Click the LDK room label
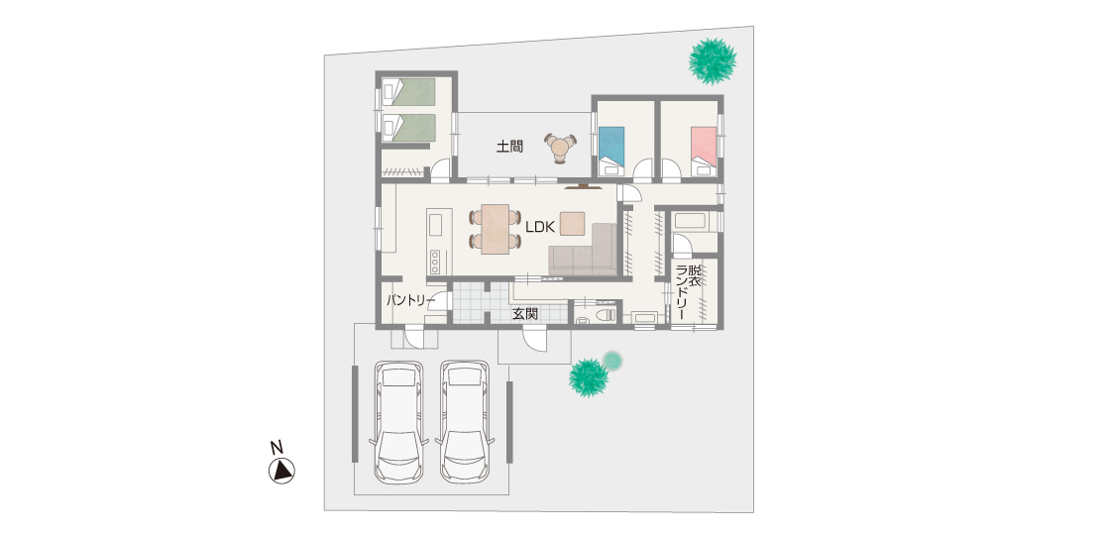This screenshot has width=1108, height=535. point(541,226)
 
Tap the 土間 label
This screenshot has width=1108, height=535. point(509,147)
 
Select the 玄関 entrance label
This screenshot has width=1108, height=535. point(525,313)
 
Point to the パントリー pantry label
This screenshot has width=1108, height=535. point(410,300)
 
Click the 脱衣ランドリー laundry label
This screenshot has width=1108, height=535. point(690,292)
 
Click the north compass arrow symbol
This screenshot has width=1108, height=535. point(281,471)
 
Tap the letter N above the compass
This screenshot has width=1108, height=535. point(277,448)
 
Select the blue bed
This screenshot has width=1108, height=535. point(611,151)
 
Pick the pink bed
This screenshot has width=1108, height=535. point(703,151)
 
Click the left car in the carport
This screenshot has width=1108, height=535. point(399,422)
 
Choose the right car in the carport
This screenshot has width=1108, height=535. point(465,422)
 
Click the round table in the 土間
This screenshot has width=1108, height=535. point(561,148)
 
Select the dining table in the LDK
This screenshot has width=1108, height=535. point(495,228)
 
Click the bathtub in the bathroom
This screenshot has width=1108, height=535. point(695,221)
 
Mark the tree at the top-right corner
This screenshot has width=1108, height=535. point(713,61)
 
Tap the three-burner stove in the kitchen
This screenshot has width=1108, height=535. point(435,262)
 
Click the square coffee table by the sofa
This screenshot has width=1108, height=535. point(573,223)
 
